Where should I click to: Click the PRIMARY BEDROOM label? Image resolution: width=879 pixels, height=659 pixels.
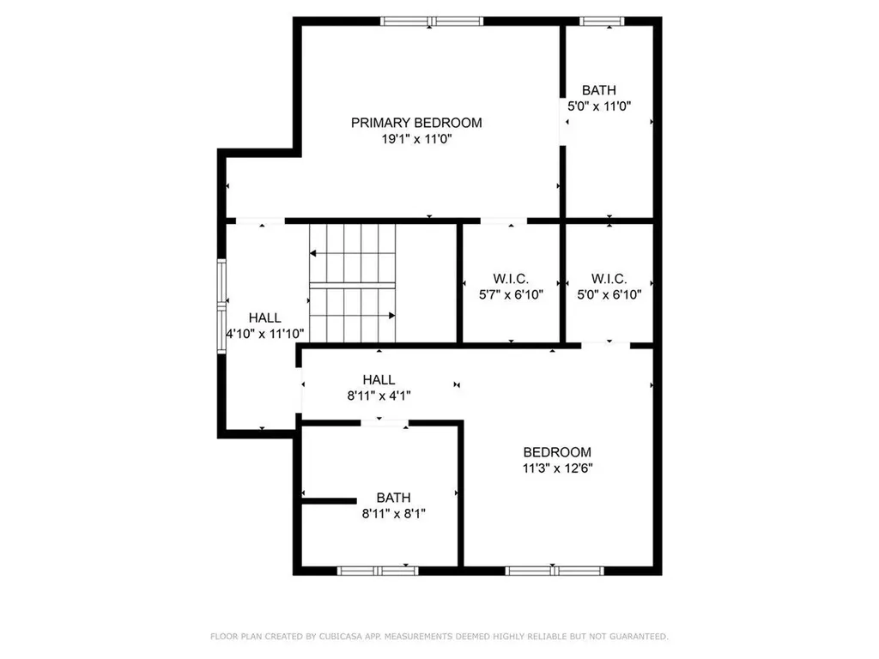[416, 123]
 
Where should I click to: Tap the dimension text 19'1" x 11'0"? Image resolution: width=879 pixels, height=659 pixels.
[416, 139]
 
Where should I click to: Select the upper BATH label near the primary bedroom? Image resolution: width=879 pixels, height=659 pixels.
[598, 90]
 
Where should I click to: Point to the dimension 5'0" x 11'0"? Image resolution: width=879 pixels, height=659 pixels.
[600, 106]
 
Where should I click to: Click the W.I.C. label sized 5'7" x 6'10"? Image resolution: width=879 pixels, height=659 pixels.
[511, 279]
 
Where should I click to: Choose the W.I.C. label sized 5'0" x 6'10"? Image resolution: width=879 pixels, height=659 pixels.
[609, 279]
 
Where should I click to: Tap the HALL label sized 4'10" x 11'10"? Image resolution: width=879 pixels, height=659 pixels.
[264, 317]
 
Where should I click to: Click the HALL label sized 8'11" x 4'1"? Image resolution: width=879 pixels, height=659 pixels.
[379, 380]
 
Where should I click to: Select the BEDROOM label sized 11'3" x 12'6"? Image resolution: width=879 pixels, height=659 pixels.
[557, 452]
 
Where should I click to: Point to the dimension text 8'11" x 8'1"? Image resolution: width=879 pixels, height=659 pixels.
[392, 513]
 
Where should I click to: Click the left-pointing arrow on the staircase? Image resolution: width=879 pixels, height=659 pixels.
[314, 253]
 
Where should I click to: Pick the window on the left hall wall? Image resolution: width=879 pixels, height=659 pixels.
[221, 306]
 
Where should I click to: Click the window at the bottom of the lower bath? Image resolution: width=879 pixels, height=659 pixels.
[378, 570]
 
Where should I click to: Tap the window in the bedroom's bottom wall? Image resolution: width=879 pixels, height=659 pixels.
[555, 570]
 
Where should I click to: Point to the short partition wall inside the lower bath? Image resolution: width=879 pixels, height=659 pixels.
[328, 500]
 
